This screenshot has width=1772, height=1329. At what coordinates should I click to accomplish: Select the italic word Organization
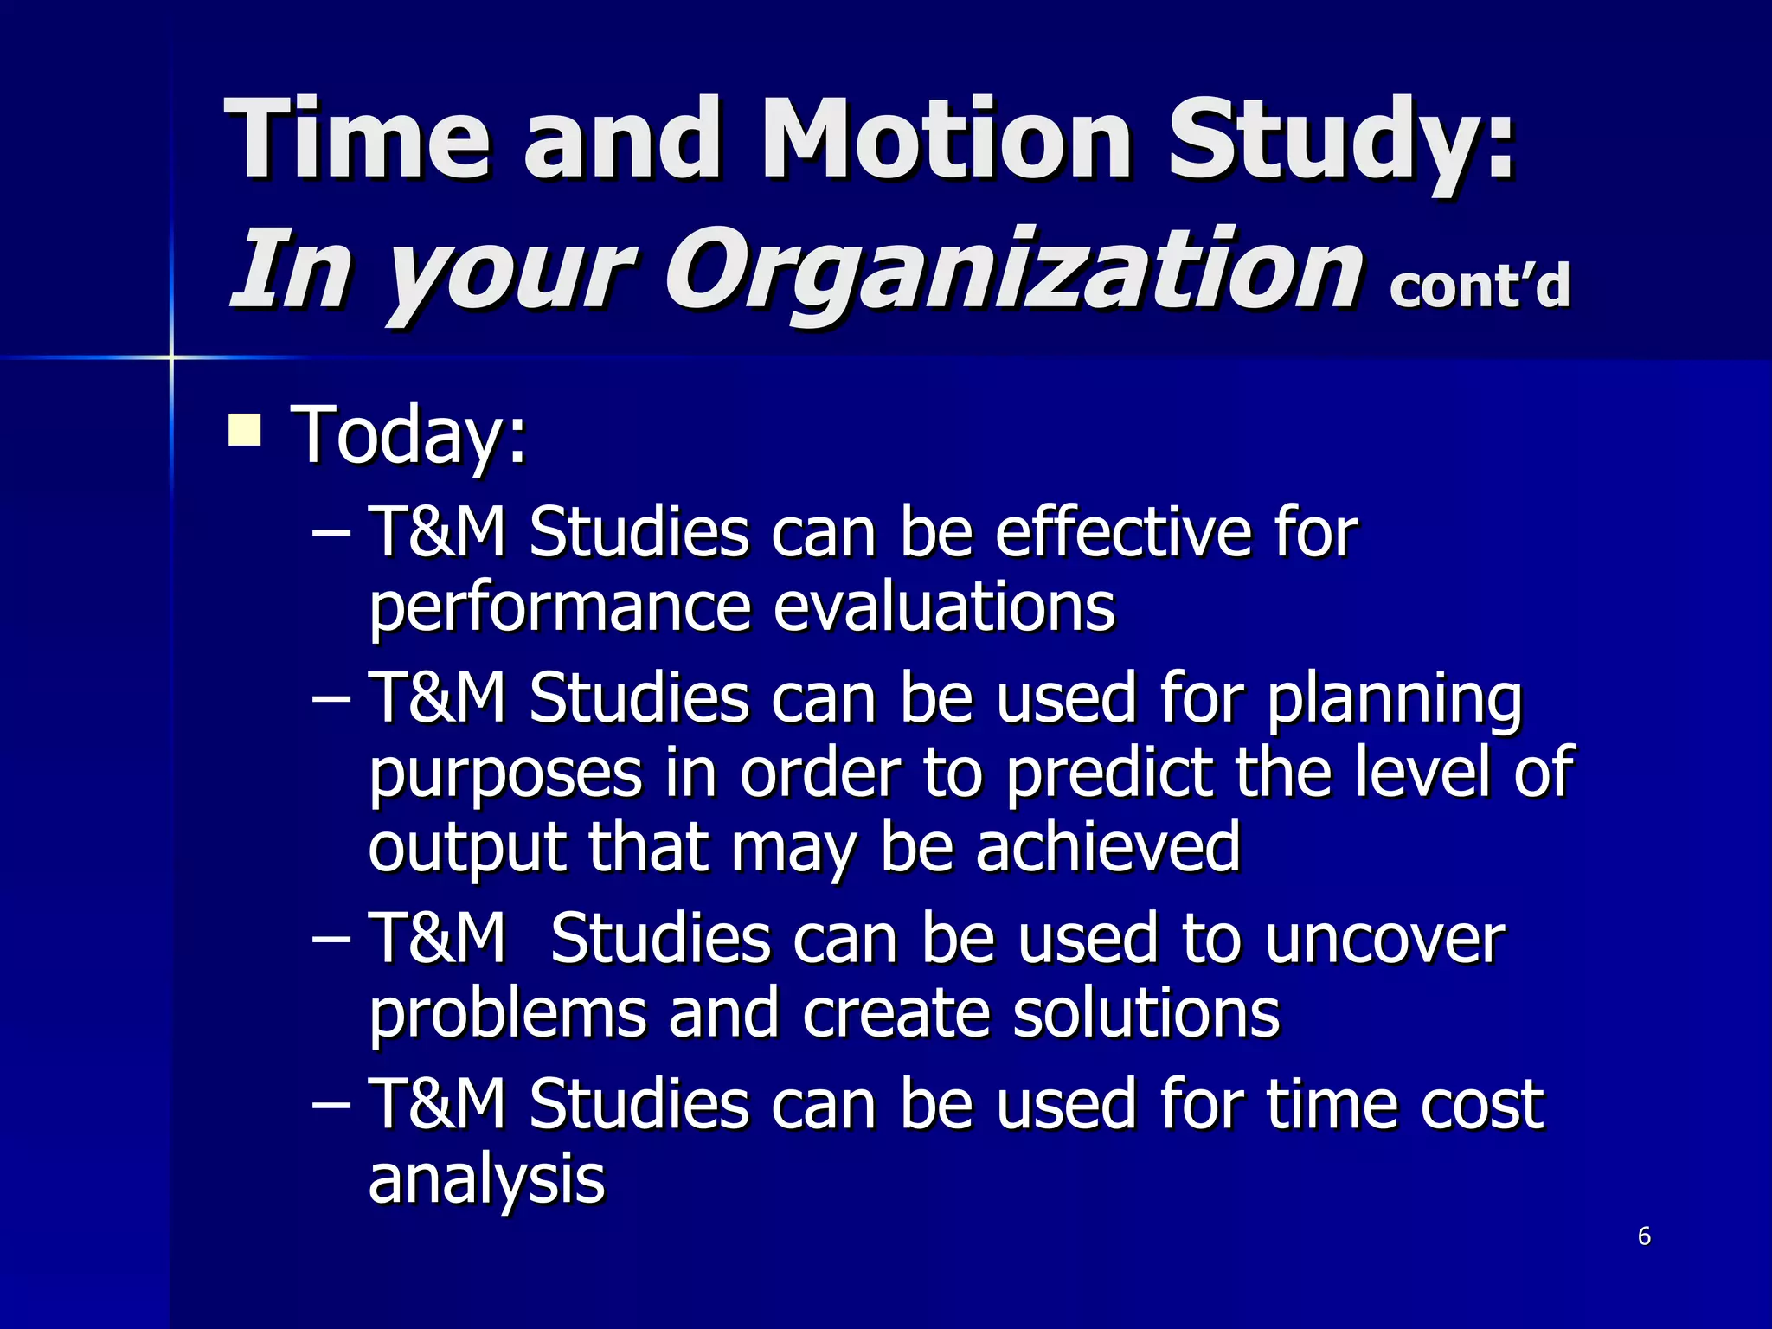(x=1012, y=270)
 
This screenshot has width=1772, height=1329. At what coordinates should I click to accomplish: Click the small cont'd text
(x=1479, y=286)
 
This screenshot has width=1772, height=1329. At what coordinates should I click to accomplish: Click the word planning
(x=1394, y=699)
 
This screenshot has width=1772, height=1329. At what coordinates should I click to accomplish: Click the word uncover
(x=1384, y=939)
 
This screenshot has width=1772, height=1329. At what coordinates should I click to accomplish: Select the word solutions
(x=1146, y=1013)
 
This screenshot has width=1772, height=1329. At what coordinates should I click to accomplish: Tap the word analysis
(x=486, y=1178)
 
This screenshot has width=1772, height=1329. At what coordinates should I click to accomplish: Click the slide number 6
(x=1644, y=1236)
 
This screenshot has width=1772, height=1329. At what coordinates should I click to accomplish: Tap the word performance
(x=559, y=607)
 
